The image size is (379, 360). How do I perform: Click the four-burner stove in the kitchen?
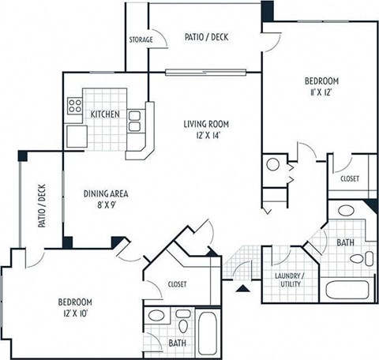tap(77, 106)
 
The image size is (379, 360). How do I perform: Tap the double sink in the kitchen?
tap(135, 120)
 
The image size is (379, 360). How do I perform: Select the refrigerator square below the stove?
tap(77, 135)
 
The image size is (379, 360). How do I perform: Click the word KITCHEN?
tap(105, 114)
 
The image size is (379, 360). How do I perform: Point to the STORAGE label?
tap(141, 39)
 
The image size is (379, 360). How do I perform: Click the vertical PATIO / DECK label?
tap(39, 206)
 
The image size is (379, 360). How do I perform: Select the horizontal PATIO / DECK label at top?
tap(206, 36)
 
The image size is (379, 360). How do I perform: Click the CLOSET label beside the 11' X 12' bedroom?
tap(349, 179)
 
